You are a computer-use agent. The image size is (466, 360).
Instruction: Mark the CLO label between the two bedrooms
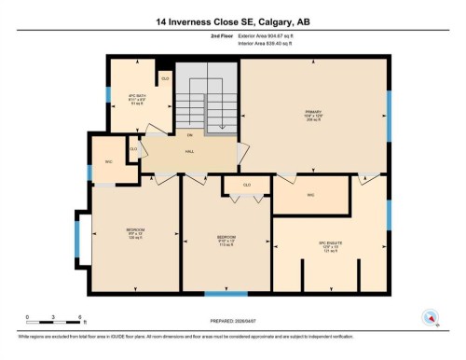point(247,186)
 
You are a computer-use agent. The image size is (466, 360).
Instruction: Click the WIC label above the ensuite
point(310,196)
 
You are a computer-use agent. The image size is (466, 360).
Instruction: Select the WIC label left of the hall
point(107,162)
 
